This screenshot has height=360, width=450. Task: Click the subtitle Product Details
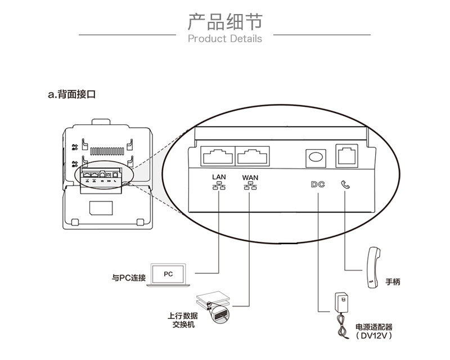[x=224, y=39]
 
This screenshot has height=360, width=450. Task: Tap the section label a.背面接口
[x=72, y=94]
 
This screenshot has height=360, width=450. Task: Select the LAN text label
[x=219, y=177]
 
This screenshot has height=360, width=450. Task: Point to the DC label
[x=317, y=183]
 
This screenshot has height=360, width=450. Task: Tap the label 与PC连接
[x=128, y=278]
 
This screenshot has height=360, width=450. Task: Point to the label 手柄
[x=393, y=282]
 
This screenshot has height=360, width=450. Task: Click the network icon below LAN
[x=219, y=186]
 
